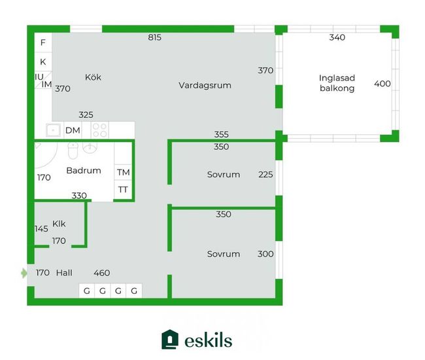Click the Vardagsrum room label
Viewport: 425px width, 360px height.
click(205, 86)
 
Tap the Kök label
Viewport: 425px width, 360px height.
click(93, 77)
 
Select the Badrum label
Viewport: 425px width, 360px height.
click(84, 171)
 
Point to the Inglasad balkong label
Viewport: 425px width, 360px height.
click(337, 83)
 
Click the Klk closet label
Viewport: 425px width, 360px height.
click(59, 224)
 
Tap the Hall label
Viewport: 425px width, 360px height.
click(64, 273)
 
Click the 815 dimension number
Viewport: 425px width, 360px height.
click(155, 37)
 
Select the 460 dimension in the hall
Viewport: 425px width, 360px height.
click(102, 273)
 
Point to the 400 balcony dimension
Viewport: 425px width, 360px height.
click(382, 84)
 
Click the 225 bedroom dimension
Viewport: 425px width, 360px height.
click(265, 175)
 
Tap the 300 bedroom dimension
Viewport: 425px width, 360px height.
click(265, 254)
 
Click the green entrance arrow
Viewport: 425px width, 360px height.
click(24, 273)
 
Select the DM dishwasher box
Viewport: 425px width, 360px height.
click(73, 130)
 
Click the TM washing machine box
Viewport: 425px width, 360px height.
click(123, 172)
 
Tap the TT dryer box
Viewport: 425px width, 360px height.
click(123, 190)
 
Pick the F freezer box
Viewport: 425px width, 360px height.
click(43, 43)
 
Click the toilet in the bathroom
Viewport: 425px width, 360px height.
click(73, 151)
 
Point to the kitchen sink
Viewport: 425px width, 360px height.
click(53, 130)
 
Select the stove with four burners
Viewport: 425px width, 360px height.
click(100, 130)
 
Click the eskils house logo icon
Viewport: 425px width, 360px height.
click(170, 340)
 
